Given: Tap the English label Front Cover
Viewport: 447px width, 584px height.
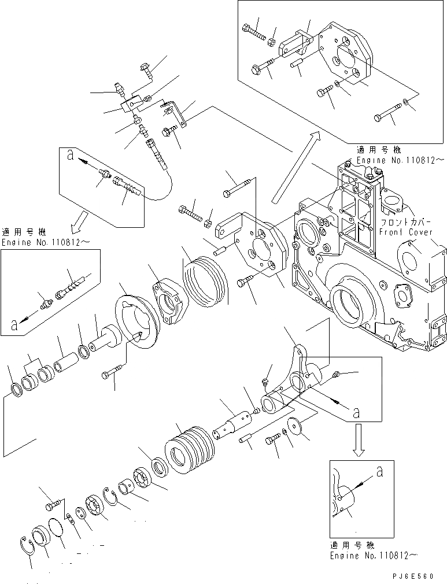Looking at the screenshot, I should tap(405, 232).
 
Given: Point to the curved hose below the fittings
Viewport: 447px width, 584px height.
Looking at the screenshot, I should tap(165, 185).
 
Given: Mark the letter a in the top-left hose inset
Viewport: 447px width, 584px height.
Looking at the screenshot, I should tap(70, 154).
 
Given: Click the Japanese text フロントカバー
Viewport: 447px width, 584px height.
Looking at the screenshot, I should tap(405, 221).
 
